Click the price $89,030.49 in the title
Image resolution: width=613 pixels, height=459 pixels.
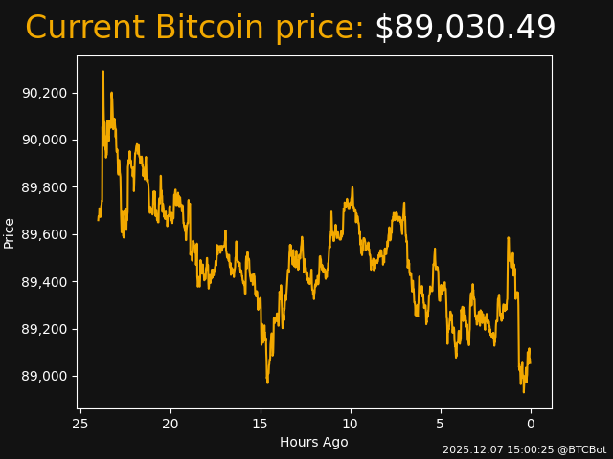(x=465, y=29)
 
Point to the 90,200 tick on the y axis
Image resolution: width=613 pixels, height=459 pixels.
(x=45, y=93)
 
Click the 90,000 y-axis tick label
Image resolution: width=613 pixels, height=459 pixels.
(x=45, y=140)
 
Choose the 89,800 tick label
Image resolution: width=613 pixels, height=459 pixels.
(x=45, y=187)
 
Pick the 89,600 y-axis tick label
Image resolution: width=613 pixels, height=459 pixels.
(x=45, y=234)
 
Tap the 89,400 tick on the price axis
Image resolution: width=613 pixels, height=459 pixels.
(x=45, y=282)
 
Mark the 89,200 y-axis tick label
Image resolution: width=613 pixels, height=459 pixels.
(x=45, y=329)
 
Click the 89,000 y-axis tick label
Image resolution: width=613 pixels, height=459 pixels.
(x=45, y=377)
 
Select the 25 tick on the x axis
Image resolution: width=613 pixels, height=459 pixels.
(x=80, y=424)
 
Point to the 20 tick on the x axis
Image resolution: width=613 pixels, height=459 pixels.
(x=170, y=424)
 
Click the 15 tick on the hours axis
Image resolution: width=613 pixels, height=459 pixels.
(x=261, y=424)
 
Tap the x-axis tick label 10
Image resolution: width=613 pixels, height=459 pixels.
(x=351, y=424)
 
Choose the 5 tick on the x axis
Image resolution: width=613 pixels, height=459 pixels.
(x=441, y=424)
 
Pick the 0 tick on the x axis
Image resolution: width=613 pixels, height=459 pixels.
(x=531, y=424)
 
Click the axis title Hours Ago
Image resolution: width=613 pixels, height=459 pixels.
(x=314, y=442)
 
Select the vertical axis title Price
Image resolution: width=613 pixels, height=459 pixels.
(x=10, y=232)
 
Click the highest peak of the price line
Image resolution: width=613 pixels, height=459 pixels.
(x=103, y=72)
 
